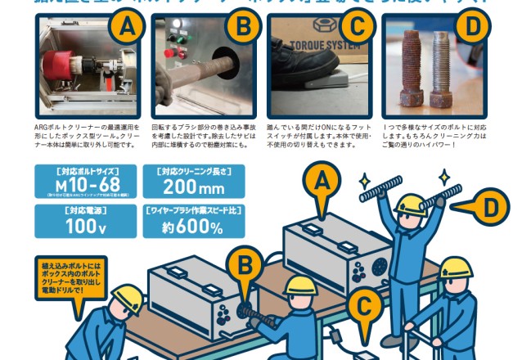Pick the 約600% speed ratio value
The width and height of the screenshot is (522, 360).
click(x=193, y=227)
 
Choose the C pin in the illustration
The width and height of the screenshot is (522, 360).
click(x=364, y=308)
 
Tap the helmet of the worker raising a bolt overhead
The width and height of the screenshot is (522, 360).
click(x=409, y=203)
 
